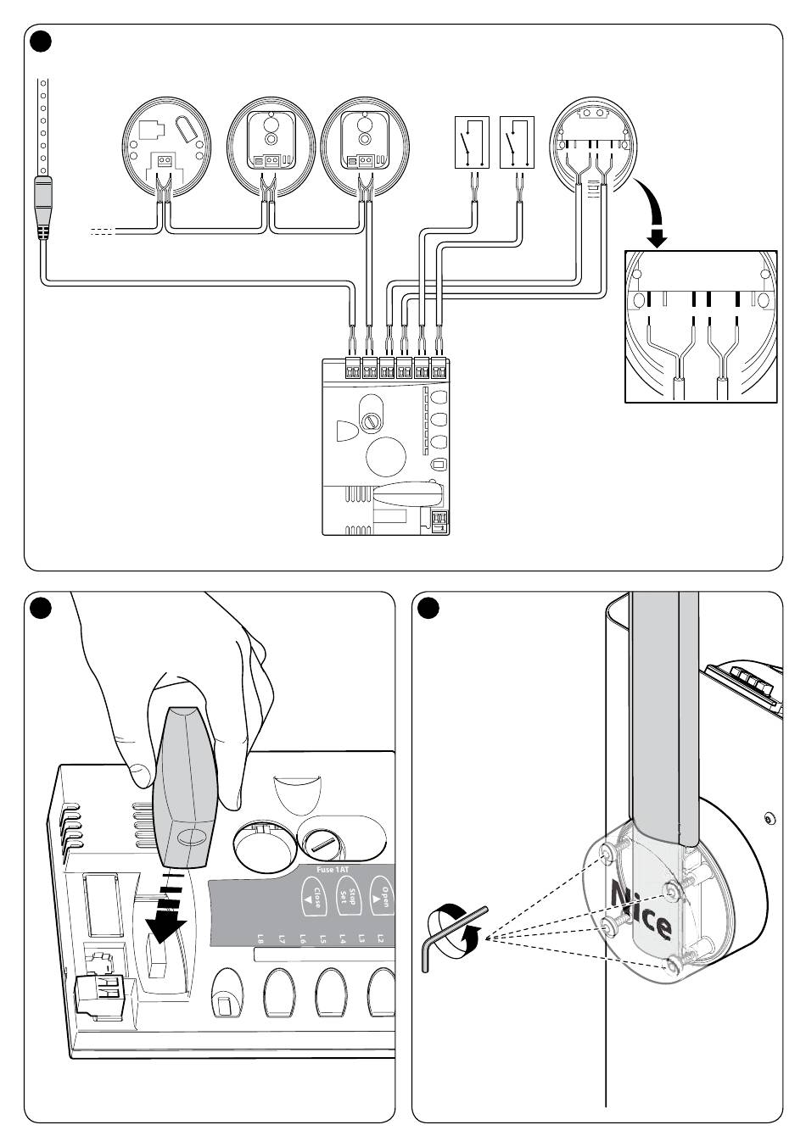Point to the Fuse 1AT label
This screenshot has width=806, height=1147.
click(x=333, y=870)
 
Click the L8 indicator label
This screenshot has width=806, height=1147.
click(x=260, y=938)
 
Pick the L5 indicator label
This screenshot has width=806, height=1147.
click(x=322, y=938)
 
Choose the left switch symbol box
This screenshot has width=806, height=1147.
click(x=472, y=142)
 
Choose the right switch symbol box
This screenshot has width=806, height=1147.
click(x=517, y=142)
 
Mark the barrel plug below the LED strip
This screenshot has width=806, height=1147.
click(x=43, y=208)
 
